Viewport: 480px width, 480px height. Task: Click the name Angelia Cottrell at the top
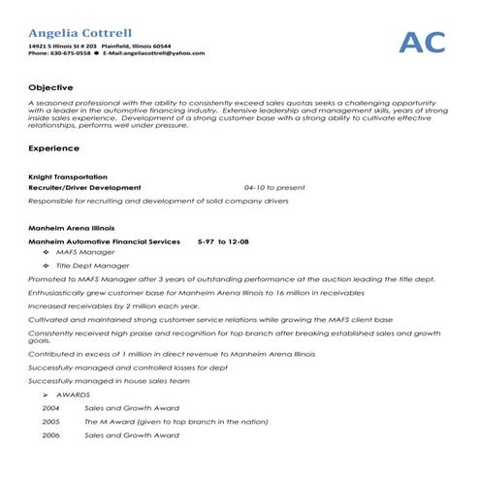click(81, 33)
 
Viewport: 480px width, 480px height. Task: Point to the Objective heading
click(48, 86)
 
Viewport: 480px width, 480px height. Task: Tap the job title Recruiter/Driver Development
click(85, 186)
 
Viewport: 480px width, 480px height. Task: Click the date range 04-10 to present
click(274, 186)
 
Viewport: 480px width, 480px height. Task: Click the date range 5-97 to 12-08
click(223, 240)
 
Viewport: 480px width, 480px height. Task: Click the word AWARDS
click(74, 396)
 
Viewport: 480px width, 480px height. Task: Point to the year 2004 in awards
click(51, 408)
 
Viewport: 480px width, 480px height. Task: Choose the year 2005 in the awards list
click(51, 422)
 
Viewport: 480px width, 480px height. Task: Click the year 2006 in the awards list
click(51, 435)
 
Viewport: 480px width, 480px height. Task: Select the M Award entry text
click(175, 422)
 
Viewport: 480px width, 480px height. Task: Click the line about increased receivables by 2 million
click(104, 304)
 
